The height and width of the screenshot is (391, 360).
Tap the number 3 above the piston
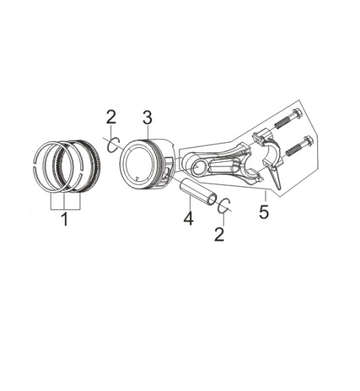[x=147, y=118]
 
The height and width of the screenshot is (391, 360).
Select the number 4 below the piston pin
[x=188, y=219]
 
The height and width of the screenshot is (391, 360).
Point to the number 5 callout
[x=264, y=212]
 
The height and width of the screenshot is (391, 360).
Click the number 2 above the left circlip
[x=111, y=116]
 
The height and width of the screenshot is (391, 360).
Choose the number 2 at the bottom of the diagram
[x=219, y=234]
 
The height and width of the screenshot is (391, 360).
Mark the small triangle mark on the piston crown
[x=137, y=178]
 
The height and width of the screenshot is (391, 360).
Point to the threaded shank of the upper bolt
[x=282, y=122]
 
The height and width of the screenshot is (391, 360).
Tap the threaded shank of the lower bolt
[x=294, y=150]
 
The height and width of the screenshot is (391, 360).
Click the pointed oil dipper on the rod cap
[x=276, y=177]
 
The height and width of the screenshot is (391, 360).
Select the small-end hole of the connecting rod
[x=198, y=168]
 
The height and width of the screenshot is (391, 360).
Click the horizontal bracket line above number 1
[x=65, y=209]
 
